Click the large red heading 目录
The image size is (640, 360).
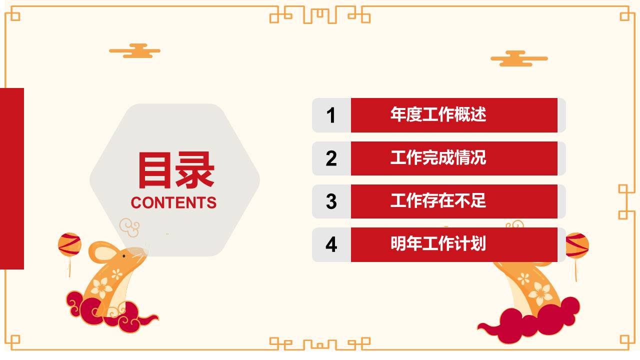[x=175, y=170]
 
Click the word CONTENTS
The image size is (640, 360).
[x=173, y=202]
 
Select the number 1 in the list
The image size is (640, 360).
[x=331, y=115]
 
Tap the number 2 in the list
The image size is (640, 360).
[x=331, y=158]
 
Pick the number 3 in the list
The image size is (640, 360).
[x=331, y=201]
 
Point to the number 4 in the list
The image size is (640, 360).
[x=331, y=244]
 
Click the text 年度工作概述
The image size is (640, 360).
[x=438, y=114]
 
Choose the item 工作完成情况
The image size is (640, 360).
[x=438, y=158]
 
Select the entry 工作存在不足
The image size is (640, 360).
[x=438, y=201]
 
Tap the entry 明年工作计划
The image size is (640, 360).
[x=438, y=244]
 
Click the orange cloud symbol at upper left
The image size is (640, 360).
[x=135, y=50]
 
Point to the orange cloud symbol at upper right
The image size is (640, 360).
[x=519, y=58]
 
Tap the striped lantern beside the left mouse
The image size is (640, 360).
[x=69, y=244]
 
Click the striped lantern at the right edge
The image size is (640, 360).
[x=577, y=245]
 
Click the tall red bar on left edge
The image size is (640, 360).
[x=11, y=178]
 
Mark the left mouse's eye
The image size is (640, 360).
[x=124, y=256]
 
